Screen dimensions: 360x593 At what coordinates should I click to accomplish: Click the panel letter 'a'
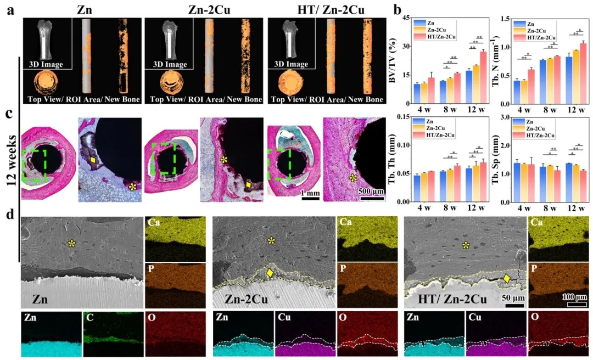tap(9, 9)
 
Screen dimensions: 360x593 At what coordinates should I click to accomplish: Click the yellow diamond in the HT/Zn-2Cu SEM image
tap(507, 278)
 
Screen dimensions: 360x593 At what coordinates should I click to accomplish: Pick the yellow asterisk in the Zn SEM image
tap(71, 244)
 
